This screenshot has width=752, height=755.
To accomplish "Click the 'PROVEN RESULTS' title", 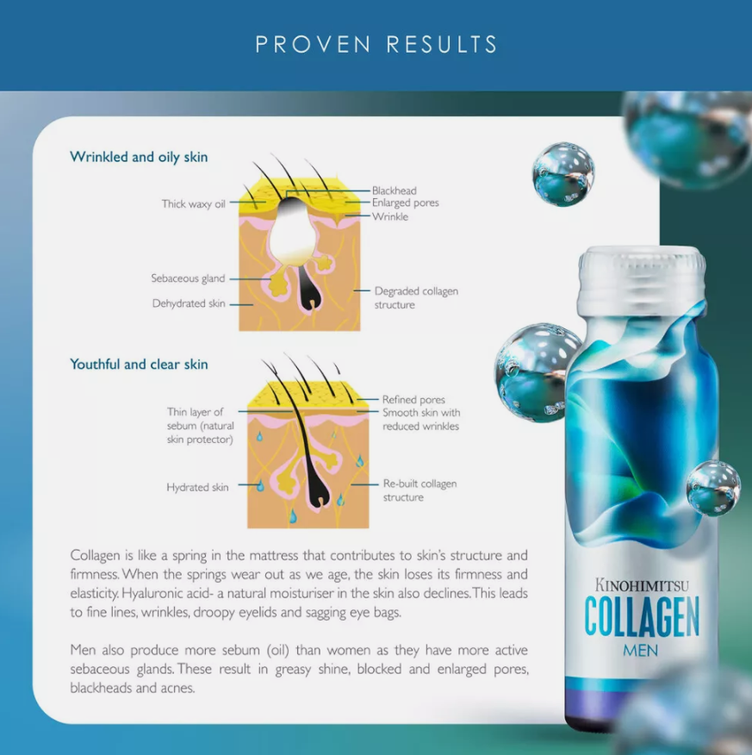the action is click(x=376, y=44).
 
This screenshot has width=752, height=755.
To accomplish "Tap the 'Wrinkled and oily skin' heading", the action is click(x=139, y=157).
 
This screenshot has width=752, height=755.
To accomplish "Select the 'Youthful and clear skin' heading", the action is click(x=139, y=364).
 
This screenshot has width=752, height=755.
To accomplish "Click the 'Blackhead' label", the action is click(x=394, y=190).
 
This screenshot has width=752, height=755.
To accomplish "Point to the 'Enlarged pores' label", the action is click(x=405, y=203).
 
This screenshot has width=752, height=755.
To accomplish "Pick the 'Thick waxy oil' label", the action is click(x=194, y=204).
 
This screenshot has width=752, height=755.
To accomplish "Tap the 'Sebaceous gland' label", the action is click(x=188, y=278).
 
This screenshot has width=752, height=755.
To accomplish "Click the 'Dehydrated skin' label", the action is click(x=189, y=303).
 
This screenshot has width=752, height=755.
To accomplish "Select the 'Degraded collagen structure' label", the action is click(x=416, y=297).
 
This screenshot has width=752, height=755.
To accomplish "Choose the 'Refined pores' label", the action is click(x=413, y=400).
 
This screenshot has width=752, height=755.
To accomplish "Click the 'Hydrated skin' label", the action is click(x=197, y=487).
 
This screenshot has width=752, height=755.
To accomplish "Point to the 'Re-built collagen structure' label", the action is click(x=420, y=490).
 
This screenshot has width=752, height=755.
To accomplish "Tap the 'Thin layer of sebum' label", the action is click(x=200, y=426).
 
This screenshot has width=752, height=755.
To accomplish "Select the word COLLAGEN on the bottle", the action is click(x=642, y=617).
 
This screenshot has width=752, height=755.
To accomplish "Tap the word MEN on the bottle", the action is click(x=640, y=651).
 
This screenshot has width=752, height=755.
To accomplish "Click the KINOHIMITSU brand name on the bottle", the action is click(x=642, y=585).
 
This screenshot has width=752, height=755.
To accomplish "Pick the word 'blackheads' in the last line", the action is click(x=101, y=688).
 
